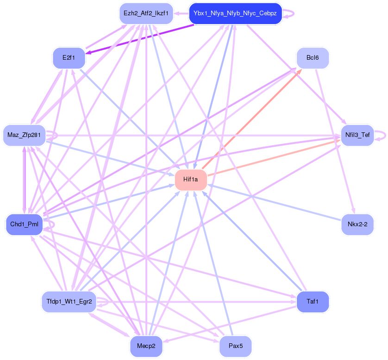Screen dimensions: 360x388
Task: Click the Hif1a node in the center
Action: coord(191,180)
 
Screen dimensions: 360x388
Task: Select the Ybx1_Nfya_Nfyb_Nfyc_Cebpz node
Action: coord(235,13)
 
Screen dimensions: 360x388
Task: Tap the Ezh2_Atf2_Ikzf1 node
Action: coord(146,13)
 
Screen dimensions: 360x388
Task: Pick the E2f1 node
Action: coord(69,58)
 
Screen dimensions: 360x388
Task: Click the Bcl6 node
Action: coord(313,58)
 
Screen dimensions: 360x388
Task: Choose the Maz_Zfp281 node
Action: coord(24,135)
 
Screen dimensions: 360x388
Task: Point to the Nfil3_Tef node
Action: coord(357,135)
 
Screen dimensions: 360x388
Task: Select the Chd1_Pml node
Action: coord(24,224)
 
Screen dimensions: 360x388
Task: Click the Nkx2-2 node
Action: coord(357,224)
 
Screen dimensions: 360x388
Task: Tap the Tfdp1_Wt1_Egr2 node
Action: coord(69,302)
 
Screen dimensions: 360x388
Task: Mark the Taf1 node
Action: coord(313,302)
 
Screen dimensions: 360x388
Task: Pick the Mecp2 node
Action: coord(146,346)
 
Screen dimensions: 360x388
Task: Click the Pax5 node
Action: coord(235,346)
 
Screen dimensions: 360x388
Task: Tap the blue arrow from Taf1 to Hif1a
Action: coord(252,241)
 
